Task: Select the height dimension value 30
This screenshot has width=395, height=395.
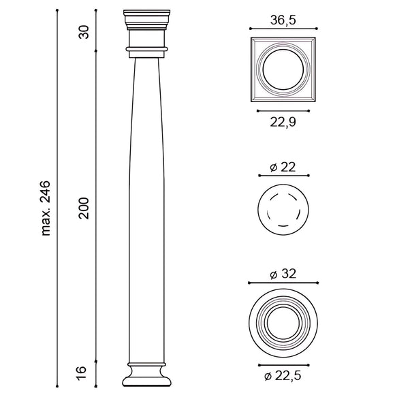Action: point(84,32)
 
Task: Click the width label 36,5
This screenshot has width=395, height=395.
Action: point(283,20)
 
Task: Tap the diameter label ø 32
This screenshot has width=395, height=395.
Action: point(283,274)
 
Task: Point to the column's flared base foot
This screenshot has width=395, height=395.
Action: point(146,376)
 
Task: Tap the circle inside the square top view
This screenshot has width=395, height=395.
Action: point(283,69)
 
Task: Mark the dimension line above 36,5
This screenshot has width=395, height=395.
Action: point(283,29)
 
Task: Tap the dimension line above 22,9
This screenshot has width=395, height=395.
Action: point(283,110)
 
